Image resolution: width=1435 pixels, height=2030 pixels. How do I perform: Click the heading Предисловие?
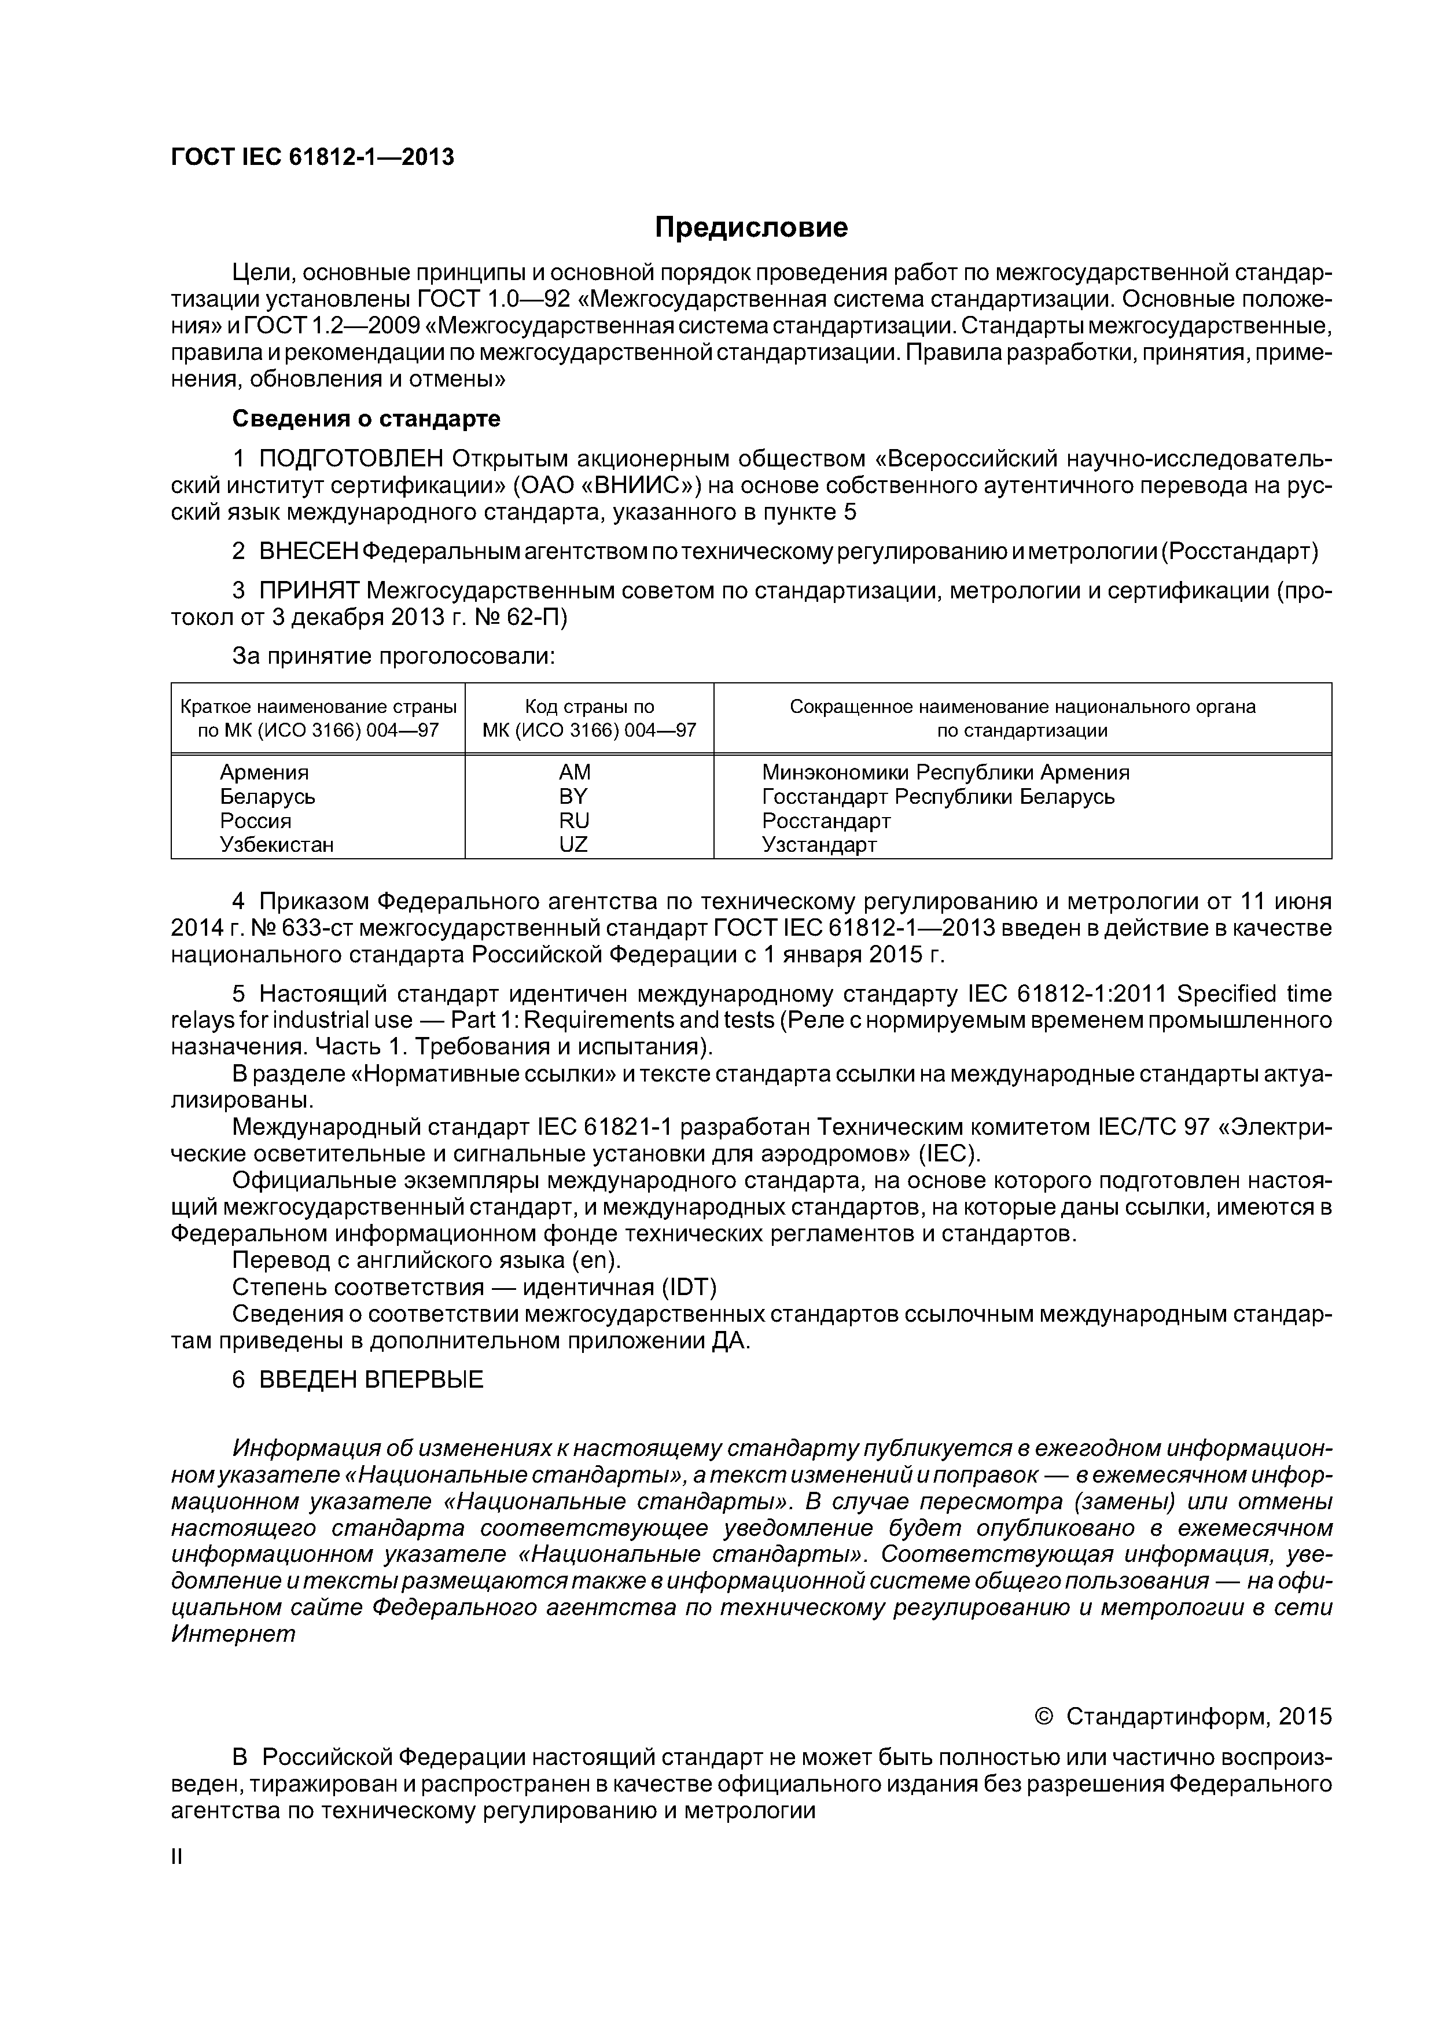pos(750,228)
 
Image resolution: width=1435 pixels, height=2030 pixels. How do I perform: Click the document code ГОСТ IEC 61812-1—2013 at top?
pos(312,157)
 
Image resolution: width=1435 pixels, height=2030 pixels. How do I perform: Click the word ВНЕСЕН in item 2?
pos(307,551)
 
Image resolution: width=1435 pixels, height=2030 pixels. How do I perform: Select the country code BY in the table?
pos(573,797)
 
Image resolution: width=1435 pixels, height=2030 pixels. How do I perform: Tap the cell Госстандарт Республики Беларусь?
pos(937,797)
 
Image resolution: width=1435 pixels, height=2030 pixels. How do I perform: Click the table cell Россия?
pos(256,821)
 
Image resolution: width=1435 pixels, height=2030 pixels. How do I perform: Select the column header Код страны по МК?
pos(589,719)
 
